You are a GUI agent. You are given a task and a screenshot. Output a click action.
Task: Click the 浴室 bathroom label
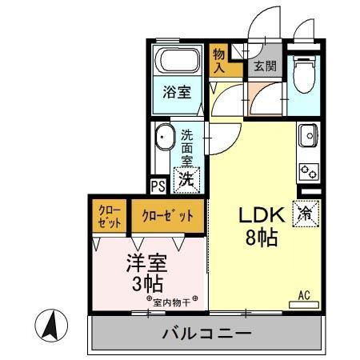coord(178,92)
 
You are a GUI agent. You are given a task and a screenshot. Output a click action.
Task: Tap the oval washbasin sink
coord(165,138)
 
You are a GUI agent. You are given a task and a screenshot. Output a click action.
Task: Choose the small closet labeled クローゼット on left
coord(110,217)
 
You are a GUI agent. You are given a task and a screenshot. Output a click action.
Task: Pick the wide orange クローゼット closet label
coord(168,216)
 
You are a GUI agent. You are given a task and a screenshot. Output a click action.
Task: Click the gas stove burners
coord(308,170)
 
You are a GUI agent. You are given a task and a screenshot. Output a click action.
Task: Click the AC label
coord(304,295)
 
